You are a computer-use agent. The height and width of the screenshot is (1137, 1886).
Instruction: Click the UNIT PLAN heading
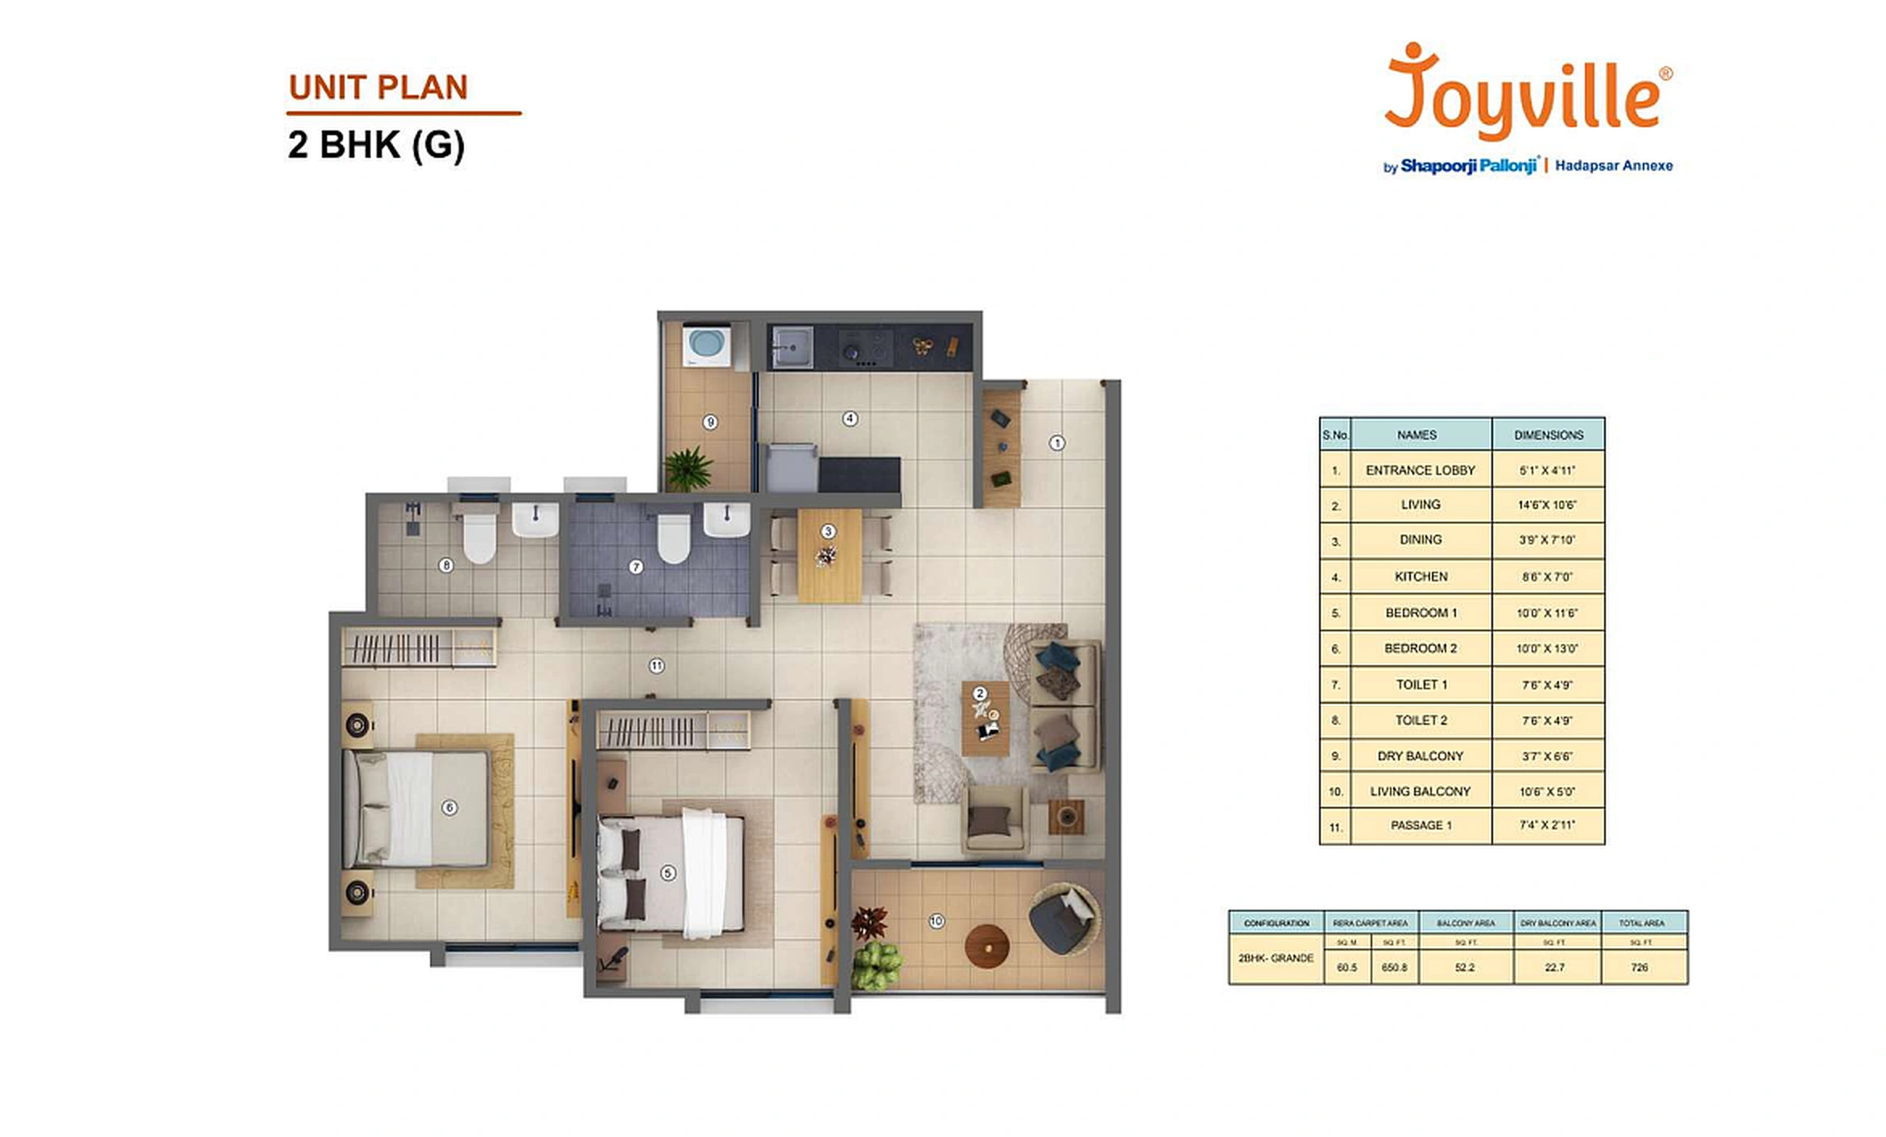coord(378,88)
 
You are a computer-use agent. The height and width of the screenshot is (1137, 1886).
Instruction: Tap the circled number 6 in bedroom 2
coord(449,807)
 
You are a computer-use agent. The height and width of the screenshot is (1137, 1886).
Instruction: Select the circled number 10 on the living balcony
coord(936,920)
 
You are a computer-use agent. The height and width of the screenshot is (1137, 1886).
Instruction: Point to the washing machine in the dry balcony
coord(707,345)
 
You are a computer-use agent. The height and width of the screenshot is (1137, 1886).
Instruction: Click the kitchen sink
coord(791,347)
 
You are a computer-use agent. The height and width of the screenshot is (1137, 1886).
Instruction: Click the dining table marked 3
coord(829,556)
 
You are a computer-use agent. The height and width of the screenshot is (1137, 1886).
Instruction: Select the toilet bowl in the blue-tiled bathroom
coord(673,538)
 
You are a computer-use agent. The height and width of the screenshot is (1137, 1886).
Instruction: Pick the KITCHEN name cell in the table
coord(1421,577)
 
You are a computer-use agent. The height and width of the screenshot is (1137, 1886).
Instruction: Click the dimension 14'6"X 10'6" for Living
coord(1547,505)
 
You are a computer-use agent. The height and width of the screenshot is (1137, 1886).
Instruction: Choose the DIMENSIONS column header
coord(1548,435)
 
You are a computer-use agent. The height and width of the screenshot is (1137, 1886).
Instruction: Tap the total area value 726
coord(1640,967)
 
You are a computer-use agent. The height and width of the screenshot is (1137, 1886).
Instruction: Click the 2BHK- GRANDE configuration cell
coord(1276,958)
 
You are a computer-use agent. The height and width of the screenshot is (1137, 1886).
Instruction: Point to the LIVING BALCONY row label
coord(1421,792)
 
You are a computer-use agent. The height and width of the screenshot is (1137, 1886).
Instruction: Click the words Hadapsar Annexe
coord(1613,166)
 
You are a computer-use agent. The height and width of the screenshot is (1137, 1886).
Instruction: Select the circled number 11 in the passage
coord(656,666)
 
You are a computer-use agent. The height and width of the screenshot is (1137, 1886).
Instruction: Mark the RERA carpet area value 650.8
coord(1394,967)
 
